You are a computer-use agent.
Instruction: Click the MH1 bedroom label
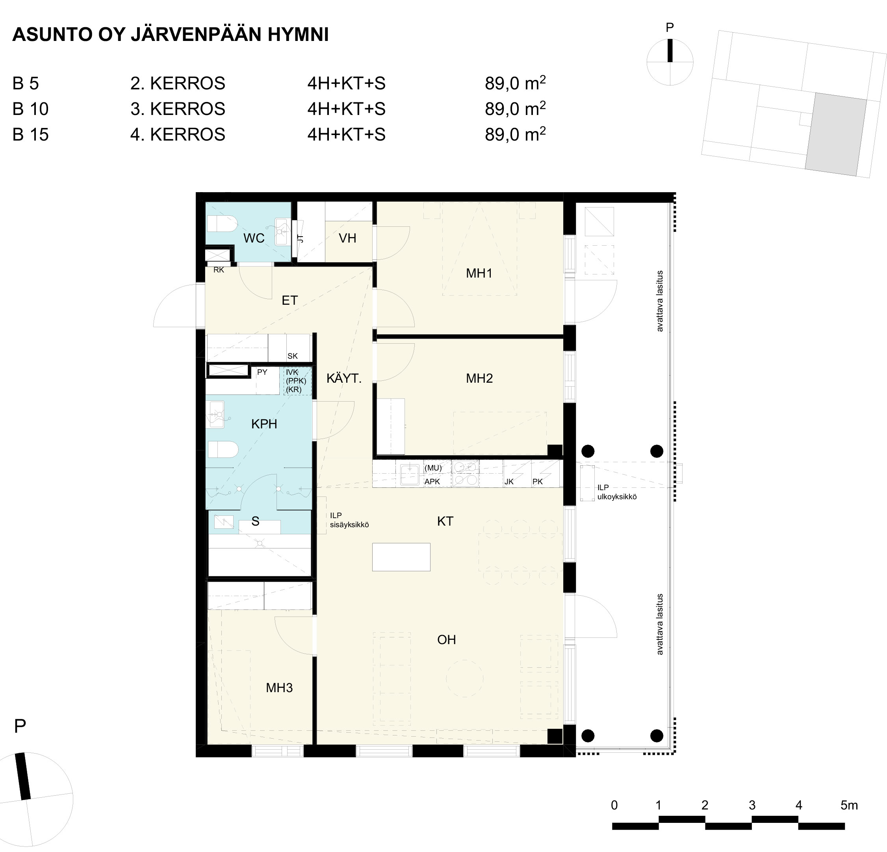pyautogui.click(x=479, y=273)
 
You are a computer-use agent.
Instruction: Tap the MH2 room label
pyautogui.click(x=479, y=378)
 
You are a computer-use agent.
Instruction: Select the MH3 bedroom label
pyautogui.click(x=279, y=688)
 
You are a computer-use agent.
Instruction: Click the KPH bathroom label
pyautogui.click(x=264, y=424)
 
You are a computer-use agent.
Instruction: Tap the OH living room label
pyautogui.click(x=446, y=640)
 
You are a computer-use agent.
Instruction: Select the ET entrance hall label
pyautogui.click(x=289, y=300)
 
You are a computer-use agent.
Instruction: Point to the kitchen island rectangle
pyautogui.click(x=401, y=557)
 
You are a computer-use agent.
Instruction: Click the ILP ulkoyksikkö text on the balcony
pyautogui.click(x=617, y=492)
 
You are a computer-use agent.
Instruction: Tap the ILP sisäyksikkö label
pyautogui.click(x=349, y=520)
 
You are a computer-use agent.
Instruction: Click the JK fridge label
pyautogui.click(x=509, y=482)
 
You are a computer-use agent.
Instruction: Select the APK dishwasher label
pyautogui.click(x=432, y=482)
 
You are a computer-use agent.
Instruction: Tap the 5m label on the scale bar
pyautogui.click(x=849, y=806)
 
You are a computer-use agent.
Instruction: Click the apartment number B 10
pyautogui.click(x=30, y=109)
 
